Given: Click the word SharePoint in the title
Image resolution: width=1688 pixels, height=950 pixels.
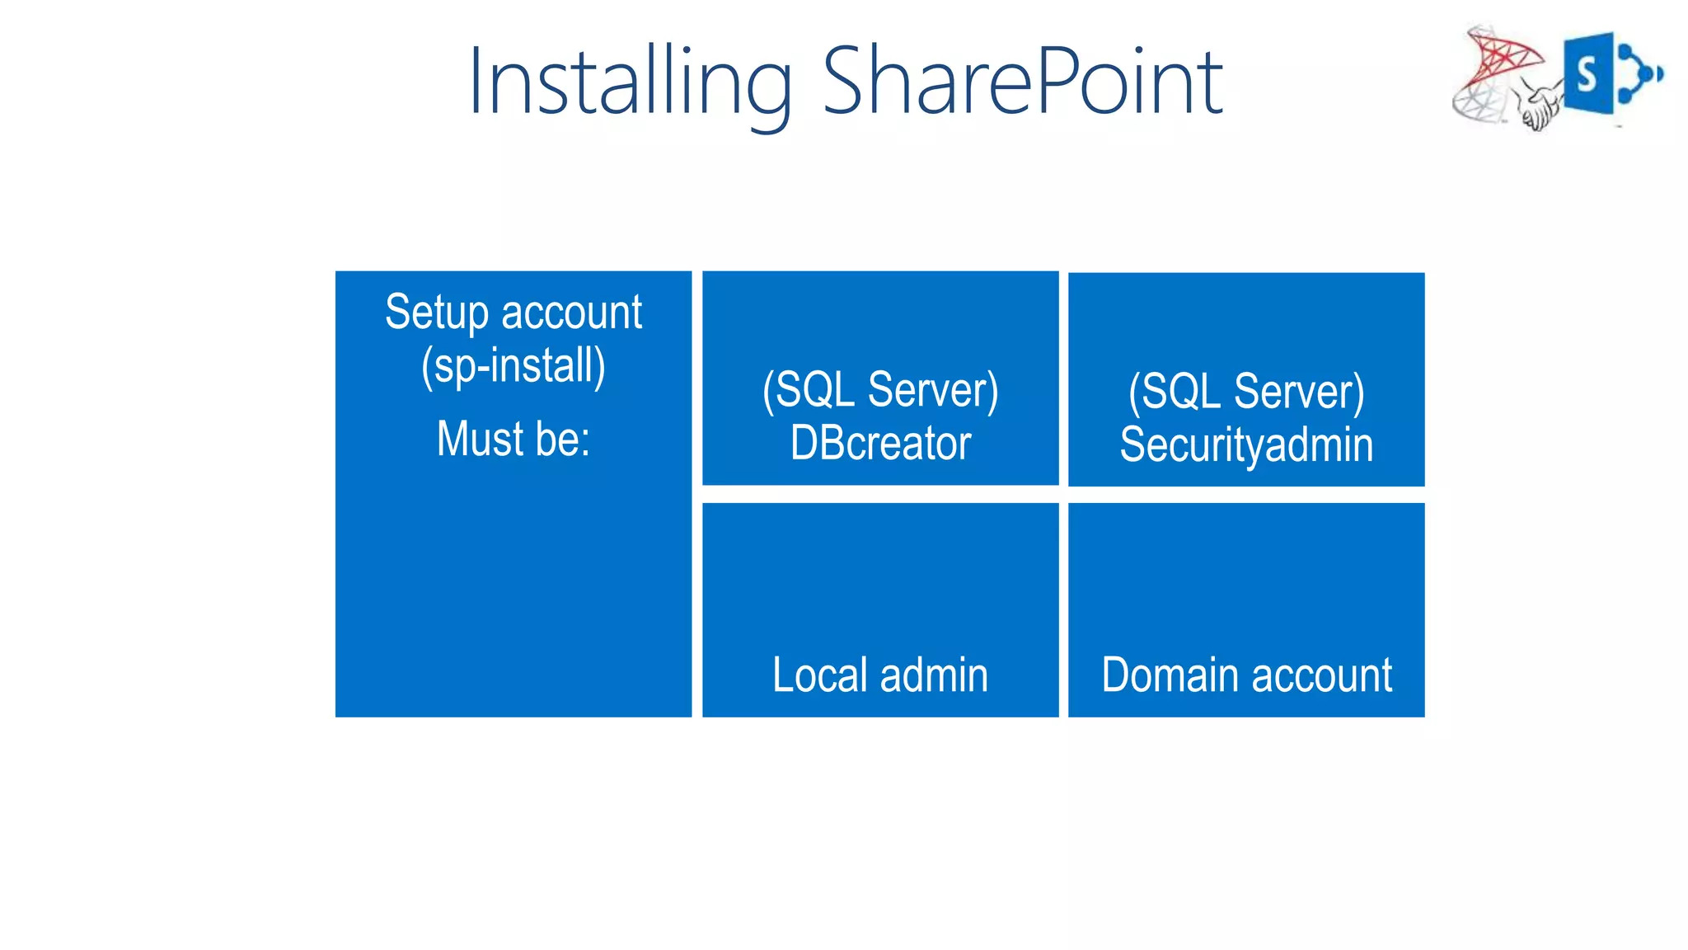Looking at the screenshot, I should pos(1022,81).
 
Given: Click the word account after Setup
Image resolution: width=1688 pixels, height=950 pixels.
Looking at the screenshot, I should pos(571,313).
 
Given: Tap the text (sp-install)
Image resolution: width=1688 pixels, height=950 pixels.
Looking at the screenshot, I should pos(513,365).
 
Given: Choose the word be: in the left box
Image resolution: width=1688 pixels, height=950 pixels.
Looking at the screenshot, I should pos(563,439).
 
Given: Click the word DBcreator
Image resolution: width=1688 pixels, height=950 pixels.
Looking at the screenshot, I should pos(880,444).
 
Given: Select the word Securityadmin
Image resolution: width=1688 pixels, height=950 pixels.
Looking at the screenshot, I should pos(1246,445).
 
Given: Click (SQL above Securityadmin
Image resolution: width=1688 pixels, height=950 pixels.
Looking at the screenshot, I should pos(1175,392).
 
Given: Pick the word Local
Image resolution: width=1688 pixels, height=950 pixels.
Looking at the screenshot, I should pos(819,675).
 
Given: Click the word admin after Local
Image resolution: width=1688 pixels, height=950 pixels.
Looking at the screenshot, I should pos(934,675).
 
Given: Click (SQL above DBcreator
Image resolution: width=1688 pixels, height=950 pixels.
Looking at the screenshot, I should pos(809,390).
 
